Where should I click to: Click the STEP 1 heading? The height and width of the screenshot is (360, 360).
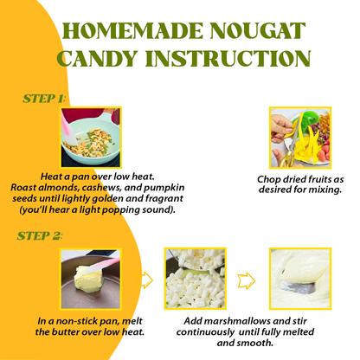point(42,99)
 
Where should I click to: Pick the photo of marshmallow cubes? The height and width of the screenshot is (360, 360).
point(195,279)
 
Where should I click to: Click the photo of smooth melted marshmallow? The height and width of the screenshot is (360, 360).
point(299,279)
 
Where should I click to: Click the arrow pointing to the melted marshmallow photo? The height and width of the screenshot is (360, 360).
point(247,280)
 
